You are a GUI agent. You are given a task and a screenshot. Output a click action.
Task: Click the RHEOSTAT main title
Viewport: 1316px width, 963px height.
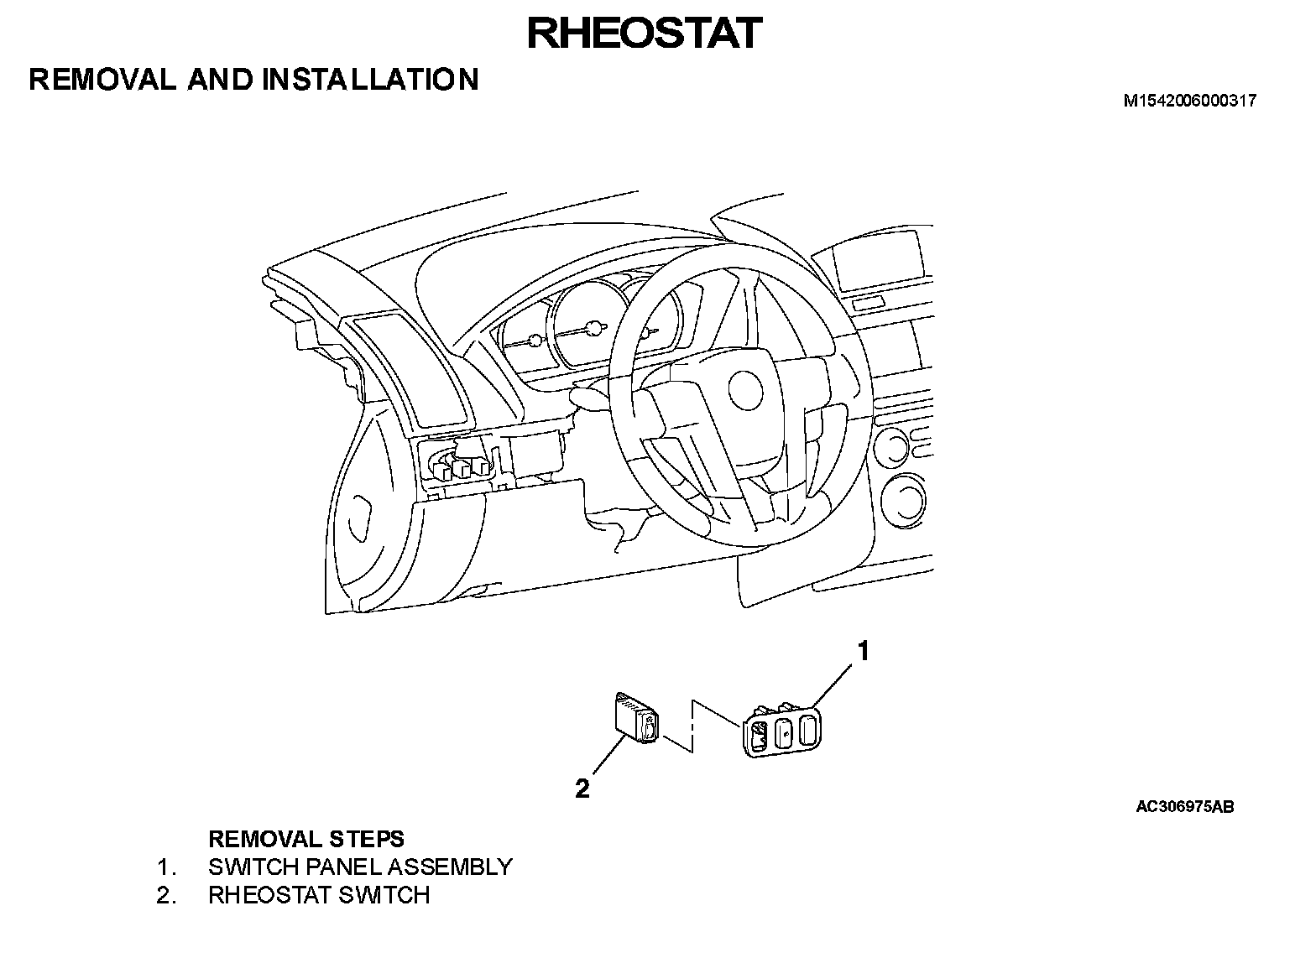tap(644, 34)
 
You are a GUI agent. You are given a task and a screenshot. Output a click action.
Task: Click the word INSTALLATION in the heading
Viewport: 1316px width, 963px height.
tap(370, 80)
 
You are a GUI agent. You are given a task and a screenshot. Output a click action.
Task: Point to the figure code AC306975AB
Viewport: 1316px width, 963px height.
tap(1184, 807)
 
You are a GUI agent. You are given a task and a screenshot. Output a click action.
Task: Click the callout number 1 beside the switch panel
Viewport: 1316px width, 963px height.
tap(862, 650)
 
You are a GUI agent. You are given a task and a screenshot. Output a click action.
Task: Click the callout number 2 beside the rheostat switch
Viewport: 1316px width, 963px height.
tap(582, 788)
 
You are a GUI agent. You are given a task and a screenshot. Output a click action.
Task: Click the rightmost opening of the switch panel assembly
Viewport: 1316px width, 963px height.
tap(807, 731)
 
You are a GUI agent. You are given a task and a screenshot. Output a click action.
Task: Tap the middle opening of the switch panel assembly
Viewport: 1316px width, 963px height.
tap(784, 732)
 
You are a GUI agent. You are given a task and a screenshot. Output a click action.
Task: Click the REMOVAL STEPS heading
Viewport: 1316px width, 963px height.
tap(305, 839)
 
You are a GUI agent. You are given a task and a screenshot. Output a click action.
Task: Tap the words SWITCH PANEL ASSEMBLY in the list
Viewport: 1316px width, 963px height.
tap(360, 867)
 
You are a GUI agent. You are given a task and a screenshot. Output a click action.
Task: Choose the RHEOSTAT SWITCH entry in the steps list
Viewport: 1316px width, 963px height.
tap(319, 895)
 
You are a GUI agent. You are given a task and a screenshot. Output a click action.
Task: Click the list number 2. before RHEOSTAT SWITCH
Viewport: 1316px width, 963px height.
tap(166, 895)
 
